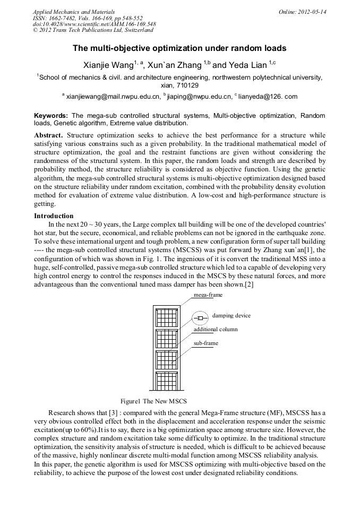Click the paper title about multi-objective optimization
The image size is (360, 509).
[x=179, y=48]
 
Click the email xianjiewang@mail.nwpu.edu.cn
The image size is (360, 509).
[x=113, y=97]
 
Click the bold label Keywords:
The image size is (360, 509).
[x=51, y=116]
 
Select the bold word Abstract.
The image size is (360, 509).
[x=48, y=135]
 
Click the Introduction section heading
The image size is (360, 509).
[x=54, y=216]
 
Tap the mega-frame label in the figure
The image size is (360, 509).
[x=208, y=295]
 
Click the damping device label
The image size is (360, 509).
[x=231, y=315]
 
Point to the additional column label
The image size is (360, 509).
[x=215, y=329]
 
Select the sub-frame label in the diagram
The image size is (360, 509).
[x=205, y=343]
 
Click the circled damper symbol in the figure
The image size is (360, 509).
[x=200, y=318]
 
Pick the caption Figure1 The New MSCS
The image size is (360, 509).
[x=154, y=401]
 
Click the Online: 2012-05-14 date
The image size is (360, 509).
[x=303, y=12]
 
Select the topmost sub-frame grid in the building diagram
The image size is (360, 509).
[x=167, y=318]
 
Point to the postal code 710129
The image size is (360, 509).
[x=179, y=85]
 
